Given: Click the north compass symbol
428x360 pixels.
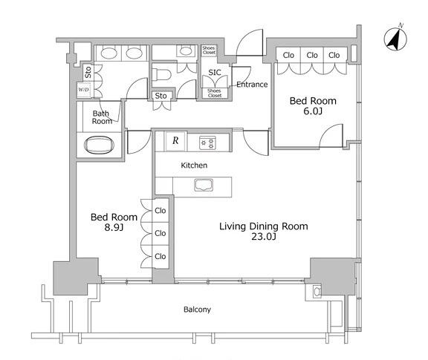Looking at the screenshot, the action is (395, 39).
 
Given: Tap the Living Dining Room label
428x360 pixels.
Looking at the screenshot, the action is (264, 226).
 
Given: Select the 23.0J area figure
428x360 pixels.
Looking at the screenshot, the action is (264, 237).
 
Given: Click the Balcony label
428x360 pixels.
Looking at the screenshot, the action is (197, 310).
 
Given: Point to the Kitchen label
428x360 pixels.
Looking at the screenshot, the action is (194, 165).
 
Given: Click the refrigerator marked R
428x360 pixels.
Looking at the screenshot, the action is (175, 141).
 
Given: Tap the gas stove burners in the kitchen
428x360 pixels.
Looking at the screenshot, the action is (207, 143).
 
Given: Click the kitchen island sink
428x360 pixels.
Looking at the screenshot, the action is (204, 185).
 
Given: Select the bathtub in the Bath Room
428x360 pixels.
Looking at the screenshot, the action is (99, 145).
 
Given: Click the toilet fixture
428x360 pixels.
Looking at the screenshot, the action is (161, 74).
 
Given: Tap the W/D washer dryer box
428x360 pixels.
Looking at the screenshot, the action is (83, 90).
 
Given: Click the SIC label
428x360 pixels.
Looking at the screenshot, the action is (215, 73).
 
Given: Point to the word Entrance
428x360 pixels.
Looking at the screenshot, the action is (252, 85).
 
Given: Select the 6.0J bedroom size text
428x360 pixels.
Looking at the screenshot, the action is (313, 111).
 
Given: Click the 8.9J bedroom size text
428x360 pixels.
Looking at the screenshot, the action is (114, 227).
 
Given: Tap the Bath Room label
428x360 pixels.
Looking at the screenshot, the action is (102, 117).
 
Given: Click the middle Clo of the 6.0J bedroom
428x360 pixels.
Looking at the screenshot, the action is (312, 56).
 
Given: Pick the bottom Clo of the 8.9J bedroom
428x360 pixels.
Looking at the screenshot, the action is (160, 256).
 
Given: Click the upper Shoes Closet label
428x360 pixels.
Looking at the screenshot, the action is (209, 50).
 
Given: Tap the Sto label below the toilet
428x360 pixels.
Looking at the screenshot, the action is (160, 96).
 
